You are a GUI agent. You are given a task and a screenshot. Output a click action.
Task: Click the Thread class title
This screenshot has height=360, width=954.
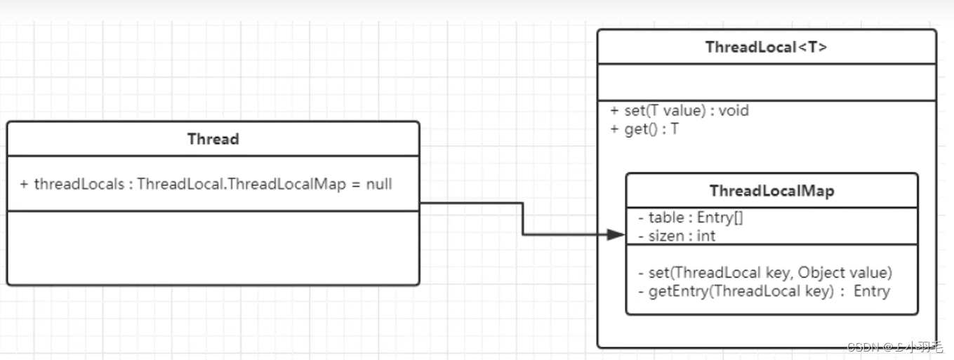213,139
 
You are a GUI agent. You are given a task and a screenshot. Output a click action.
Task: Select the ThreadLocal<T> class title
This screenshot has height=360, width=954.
766,48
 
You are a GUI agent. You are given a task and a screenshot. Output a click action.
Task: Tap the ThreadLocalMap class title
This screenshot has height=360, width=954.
771,191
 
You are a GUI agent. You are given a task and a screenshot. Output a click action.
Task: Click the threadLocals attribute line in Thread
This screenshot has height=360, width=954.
206,184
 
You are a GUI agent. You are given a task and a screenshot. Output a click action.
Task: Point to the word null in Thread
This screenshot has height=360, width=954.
378,184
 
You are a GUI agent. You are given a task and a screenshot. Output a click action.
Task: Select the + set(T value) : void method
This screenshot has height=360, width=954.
680,111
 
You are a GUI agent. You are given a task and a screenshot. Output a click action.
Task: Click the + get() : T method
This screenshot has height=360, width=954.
644,130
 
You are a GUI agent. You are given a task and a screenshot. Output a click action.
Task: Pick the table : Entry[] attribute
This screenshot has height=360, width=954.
691,218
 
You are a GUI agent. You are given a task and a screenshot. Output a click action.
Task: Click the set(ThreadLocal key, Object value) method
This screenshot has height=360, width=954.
764,272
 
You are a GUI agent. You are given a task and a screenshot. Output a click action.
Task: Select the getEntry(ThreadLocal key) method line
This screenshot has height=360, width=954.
764,291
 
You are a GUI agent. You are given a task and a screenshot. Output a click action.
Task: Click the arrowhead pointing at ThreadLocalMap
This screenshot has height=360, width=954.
616,235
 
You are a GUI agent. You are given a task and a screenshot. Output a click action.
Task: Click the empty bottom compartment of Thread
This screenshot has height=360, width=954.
213,247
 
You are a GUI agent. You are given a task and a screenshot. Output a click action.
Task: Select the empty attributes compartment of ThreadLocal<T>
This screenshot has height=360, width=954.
766,83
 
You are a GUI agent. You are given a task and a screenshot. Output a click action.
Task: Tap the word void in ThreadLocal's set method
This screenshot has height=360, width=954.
734,111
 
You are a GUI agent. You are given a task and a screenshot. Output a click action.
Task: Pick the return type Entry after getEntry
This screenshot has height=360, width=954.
871,291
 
